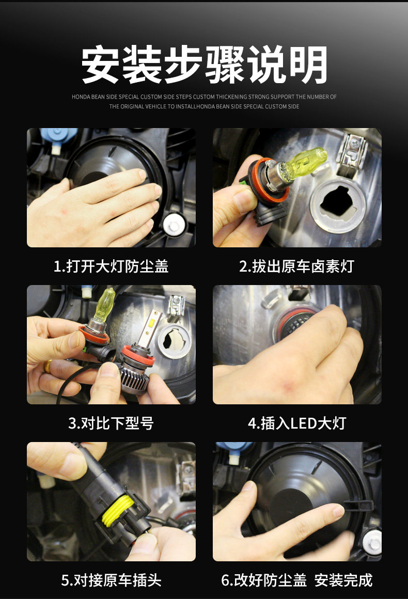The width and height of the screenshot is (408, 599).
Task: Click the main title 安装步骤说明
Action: click(204, 64)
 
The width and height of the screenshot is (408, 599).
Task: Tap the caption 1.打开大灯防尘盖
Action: click(111, 266)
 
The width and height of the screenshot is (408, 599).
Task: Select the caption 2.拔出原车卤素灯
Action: click(297, 266)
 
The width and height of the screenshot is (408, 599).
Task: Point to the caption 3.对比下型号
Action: click(111, 423)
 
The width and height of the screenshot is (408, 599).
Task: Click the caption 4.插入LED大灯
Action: click(297, 423)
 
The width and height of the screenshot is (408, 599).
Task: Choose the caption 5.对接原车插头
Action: click(111, 580)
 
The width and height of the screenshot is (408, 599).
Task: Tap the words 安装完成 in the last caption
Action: click(343, 580)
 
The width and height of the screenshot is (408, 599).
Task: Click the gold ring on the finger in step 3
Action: click(48, 366)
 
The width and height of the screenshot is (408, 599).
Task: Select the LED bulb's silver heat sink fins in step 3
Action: click(136, 378)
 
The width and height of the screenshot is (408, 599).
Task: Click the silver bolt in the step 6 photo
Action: click(372, 542)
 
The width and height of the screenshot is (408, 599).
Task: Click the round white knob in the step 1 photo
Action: click(174, 225)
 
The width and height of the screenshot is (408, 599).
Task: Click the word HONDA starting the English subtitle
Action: click(81, 97)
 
